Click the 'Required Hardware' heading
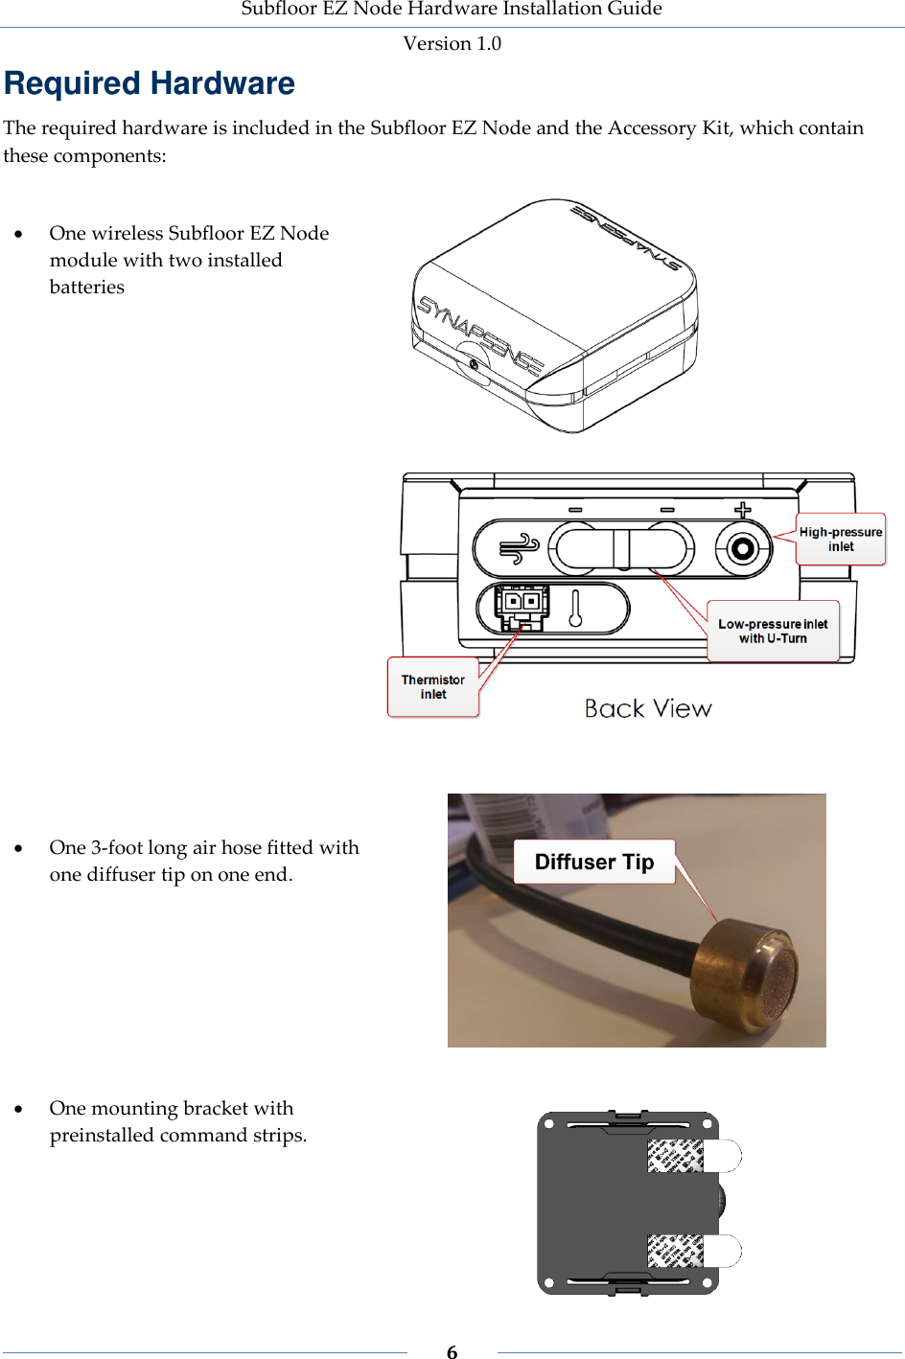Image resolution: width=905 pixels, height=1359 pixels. pos(150,84)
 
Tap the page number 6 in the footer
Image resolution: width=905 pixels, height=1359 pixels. pos(452,1351)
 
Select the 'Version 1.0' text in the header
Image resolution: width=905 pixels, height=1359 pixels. pos(452,43)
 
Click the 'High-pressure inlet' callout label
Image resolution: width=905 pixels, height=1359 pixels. pos(841,540)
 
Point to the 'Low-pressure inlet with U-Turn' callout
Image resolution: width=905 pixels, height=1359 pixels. pos(773,631)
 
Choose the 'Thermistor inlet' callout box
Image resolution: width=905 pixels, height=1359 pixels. pos(432,686)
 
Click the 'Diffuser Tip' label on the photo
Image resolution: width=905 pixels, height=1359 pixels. pos(594,862)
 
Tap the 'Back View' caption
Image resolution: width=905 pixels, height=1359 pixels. pos(648,708)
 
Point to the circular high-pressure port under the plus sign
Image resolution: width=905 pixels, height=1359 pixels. pos(741,549)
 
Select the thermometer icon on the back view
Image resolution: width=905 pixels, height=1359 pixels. pos(575,609)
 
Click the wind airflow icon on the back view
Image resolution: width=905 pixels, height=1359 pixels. pos(519,549)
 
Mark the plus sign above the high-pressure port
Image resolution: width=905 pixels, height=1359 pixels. pos(742,510)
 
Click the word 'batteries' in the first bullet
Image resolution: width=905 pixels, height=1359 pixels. pos(87,287)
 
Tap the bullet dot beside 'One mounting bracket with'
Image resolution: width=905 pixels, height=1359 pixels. pos(18,1109)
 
